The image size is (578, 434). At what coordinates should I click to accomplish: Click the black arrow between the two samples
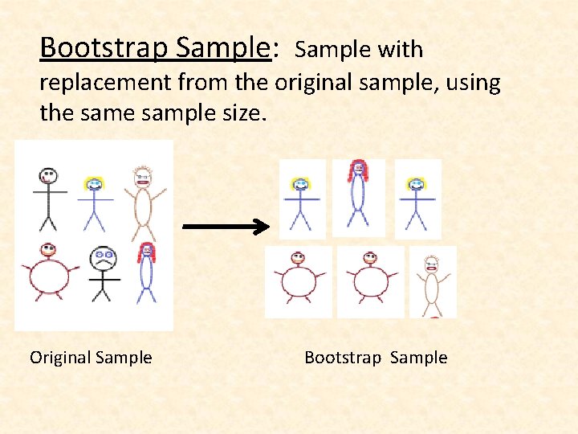tap(227, 227)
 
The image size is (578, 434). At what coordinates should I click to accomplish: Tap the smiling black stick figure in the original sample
tap(49, 198)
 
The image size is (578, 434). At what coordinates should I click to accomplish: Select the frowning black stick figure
tap(102, 273)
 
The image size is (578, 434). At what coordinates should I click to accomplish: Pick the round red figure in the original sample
tap(51, 273)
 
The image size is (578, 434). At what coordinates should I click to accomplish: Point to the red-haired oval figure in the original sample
tap(146, 273)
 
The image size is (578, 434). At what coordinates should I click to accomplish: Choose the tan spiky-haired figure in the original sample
tap(143, 201)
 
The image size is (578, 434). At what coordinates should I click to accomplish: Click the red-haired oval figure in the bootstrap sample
tap(357, 197)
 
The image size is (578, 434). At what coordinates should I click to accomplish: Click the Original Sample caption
tap(91, 358)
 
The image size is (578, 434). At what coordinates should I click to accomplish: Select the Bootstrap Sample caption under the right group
tap(376, 358)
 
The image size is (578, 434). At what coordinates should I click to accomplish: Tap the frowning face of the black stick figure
tap(102, 258)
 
